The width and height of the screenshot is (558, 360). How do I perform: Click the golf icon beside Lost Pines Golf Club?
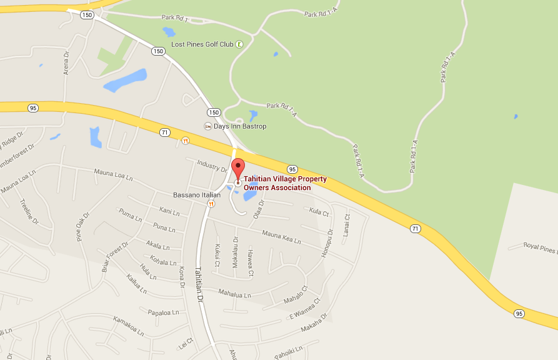coord(240,44)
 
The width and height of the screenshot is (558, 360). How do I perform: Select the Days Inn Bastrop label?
coord(240,126)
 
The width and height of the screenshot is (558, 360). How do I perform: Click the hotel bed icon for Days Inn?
coord(208,126)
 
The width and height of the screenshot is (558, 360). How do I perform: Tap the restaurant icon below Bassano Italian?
coord(212,203)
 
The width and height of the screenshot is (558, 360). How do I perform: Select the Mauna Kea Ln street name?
coord(281,238)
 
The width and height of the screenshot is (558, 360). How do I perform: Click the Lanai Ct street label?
coord(346,224)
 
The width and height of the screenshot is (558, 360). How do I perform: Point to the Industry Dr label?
coord(210,165)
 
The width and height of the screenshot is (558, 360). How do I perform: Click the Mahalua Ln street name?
coord(234,292)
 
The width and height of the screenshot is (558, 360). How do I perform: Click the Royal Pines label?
coord(539,249)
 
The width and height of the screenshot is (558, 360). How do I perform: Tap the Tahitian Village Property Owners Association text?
coord(285,183)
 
